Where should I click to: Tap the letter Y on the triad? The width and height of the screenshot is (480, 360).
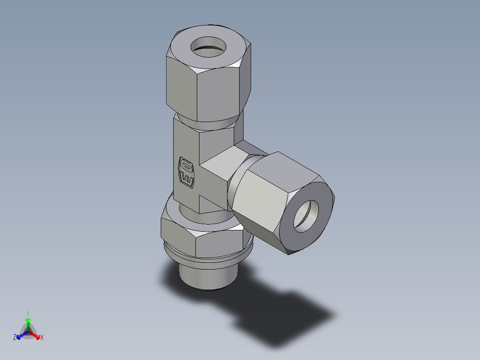28,313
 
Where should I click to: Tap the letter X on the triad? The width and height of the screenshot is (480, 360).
42,338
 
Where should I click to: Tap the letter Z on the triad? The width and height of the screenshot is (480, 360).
15,338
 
